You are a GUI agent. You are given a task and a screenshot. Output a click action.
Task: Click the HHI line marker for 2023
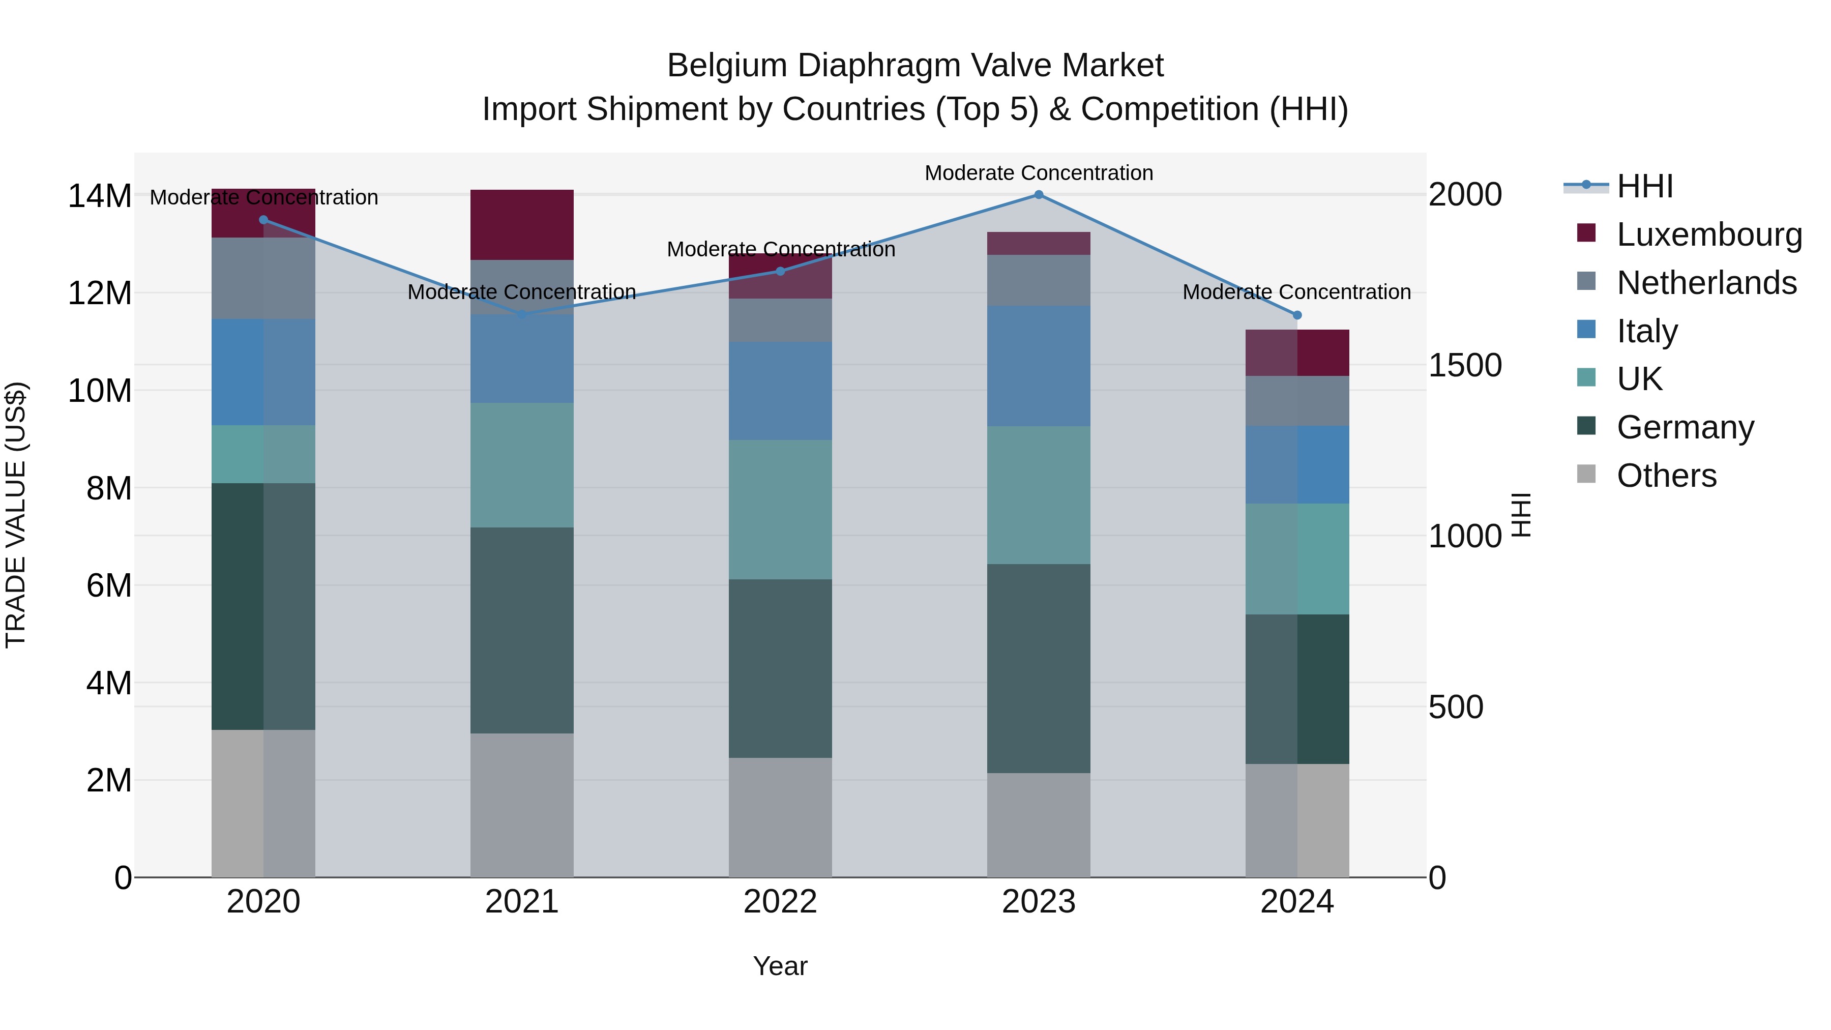tap(1039, 195)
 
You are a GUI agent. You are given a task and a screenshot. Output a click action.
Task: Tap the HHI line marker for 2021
tap(522, 314)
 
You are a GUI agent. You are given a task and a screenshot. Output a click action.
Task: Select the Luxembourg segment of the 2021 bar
tap(522, 225)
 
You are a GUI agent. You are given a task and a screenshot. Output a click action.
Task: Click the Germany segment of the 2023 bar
tap(1039, 668)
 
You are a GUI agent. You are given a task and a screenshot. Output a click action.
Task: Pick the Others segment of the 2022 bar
tap(780, 817)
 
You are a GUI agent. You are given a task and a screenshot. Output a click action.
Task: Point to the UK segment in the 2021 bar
tap(522, 465)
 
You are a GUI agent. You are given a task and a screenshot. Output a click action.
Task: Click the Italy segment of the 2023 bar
tap(1039, 366)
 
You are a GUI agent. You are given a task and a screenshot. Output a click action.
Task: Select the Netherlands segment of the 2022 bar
tap(780, 320)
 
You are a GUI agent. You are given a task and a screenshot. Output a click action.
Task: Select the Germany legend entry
tap(1685, 427)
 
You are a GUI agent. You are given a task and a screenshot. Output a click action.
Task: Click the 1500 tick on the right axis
tap(1465, 365)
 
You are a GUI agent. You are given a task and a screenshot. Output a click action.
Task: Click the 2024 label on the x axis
tap(1296, 902)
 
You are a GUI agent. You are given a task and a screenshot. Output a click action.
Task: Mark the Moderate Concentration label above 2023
tap(1039, 173)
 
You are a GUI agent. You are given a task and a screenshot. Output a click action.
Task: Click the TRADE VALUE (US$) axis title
tap(16, 515)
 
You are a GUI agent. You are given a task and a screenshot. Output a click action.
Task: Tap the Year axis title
tap(780, 966)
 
